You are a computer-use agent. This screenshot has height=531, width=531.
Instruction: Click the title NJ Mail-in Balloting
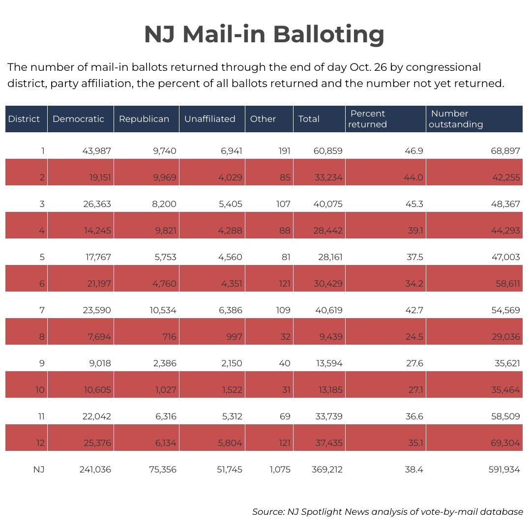(x=264, y=35)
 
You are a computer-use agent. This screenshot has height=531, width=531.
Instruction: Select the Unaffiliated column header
(x=209, y=119)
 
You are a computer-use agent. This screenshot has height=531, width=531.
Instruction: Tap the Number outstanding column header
(x=456, y=119)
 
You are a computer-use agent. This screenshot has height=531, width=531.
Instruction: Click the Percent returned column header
(x=368, y=119)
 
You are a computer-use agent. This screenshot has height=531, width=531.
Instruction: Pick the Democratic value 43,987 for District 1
(x=96, y=151)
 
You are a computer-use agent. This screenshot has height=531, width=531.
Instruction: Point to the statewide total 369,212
(x=327, y=470)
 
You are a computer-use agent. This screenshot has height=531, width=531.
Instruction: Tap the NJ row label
(x=39, y=470)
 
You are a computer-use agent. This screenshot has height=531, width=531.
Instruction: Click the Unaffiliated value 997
(x=233, y=337)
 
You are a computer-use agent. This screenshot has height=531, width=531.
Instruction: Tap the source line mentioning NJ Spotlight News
(x=387, y=512)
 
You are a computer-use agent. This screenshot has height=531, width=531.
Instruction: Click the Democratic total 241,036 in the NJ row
(x=95, y=470)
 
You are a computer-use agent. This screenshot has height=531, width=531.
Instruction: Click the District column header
(x=24, y=119)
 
